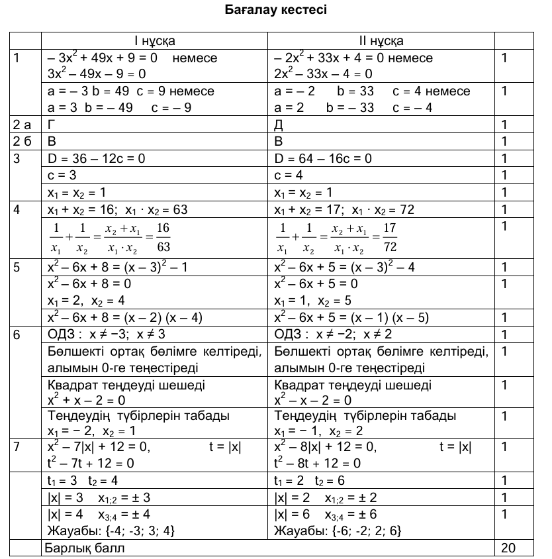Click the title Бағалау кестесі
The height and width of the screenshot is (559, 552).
[x=276, y=11]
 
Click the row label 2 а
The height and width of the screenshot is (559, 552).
[x=23, y=124]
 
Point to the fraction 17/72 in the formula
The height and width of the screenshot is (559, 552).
[x=391, y=237]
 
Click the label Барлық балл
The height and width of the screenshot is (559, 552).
[x=84, y=548]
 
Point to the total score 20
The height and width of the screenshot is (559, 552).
[x=508, y=548]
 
